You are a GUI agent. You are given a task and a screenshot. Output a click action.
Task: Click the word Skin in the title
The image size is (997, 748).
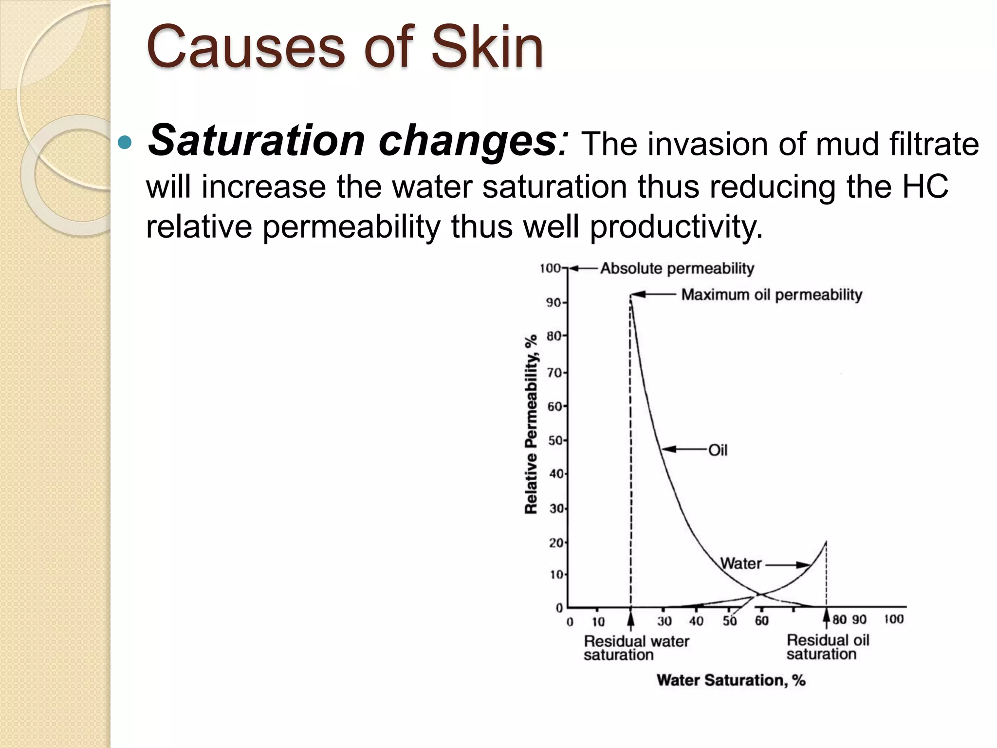coord(487,48)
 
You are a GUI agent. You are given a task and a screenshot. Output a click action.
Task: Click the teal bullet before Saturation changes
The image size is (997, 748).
coord(125,143)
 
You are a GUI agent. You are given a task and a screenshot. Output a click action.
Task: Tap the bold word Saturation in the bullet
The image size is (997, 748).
coord(257,141)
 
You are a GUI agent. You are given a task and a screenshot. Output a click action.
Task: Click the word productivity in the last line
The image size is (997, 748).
coord(676,227)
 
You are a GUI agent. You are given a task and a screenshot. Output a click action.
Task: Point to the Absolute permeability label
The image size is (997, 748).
coord(677,268)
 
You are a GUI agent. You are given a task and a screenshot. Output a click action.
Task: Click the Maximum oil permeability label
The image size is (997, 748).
coord(772,295)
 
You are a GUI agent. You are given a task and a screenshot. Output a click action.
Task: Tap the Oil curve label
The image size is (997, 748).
coord(718,450)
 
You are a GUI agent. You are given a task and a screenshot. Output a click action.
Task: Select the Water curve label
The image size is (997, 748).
coord(740,563)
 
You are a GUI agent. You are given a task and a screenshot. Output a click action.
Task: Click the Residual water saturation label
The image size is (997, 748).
coord(636,648)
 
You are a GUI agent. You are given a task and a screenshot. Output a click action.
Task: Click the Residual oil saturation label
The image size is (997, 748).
coord(828,647)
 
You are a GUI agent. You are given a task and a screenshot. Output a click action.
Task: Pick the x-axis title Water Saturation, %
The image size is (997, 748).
coord(731,680)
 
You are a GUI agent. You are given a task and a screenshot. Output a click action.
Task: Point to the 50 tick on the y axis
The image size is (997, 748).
coord(555,441)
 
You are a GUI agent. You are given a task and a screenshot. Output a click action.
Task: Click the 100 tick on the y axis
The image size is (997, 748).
coord(550,268)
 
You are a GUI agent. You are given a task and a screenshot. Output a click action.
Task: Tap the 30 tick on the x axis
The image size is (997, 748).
coord(664,621)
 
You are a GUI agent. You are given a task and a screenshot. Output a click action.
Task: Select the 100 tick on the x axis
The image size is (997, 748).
coord(893,619)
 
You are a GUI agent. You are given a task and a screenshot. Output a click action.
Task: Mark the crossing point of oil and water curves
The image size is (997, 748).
coord(758,594)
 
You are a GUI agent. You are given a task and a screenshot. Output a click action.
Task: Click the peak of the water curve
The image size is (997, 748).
coord(826,542)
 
